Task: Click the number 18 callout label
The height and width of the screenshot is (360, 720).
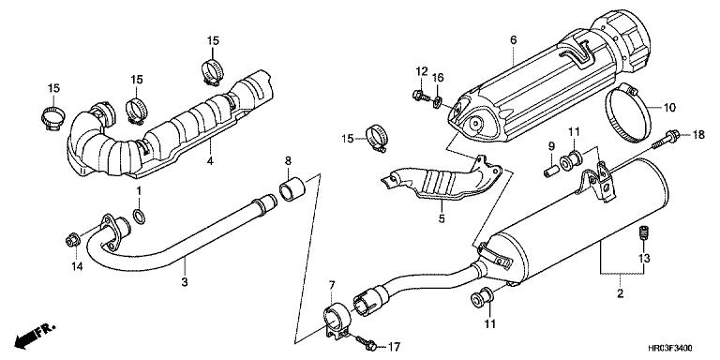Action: (x=697, y=135)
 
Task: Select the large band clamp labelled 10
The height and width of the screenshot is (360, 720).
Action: (x=628, y=112)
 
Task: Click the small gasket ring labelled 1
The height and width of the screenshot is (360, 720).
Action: (x=140, y=217)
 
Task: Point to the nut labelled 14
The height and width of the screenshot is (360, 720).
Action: (x=73, y=239)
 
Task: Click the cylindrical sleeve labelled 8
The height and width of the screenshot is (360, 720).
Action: (x=292, y=190)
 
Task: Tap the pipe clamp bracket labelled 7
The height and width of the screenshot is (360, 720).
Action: (x=337, y=320)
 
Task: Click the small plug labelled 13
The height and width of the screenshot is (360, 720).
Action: (x=643, y=232)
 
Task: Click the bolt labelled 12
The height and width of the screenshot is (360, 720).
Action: (x=421, y=96)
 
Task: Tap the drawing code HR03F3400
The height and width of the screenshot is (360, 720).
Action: (x=670, y=349)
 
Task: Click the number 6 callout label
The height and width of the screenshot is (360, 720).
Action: (x=513, y=40)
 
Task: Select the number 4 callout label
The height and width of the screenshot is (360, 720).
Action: (x=210, y=160)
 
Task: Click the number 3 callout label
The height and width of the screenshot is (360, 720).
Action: (x=184, y=281)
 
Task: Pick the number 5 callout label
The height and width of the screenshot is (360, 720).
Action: (x=442, y=219)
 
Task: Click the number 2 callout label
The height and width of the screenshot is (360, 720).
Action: (x=620, y=293)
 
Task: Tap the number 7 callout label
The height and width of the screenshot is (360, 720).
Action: (x=332, y=287)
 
